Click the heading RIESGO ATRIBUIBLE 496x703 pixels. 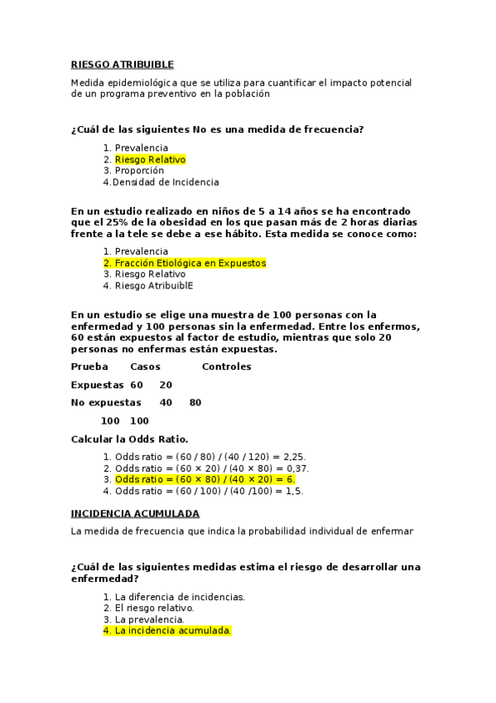(122, 64)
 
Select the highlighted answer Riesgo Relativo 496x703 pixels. (150, 159)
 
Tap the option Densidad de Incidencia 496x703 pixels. (166, 182)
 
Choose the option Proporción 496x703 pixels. (139, 171)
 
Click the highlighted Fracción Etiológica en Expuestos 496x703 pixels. (190, 263)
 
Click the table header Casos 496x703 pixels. (146, 366)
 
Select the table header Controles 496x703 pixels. (226, 366)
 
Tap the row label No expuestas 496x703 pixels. (106, 403)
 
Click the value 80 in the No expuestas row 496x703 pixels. (195, 403)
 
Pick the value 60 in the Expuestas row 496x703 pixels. (137, 385)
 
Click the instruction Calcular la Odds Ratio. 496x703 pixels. (129, 439)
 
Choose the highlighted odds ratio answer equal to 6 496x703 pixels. (205, 479)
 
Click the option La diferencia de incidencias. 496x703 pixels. (180, 596)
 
